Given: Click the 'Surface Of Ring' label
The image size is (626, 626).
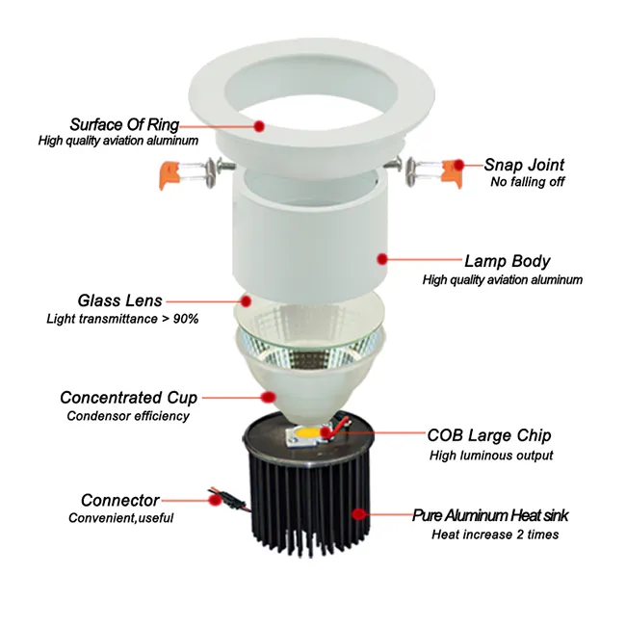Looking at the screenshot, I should (124, 124).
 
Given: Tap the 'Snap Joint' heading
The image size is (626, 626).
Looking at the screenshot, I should (524, 165).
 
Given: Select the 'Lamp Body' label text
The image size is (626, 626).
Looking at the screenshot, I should (507, 260).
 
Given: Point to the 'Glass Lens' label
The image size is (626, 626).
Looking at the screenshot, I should (120, 300).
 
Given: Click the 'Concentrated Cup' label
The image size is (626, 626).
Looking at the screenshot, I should (128, 398).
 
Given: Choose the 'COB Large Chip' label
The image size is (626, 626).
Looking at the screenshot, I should (490, 436).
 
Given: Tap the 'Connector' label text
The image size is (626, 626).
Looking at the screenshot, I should (120, 500).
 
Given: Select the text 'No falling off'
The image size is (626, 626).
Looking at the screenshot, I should (527, 182).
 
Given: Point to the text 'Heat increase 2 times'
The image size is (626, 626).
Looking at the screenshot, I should (495, 535).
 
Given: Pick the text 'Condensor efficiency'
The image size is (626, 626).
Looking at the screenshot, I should (128, 416).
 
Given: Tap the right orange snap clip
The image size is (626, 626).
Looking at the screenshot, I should (448, 174).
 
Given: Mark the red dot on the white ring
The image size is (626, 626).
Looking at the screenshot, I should (259, 124).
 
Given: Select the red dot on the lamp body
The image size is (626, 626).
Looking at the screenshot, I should (382, 258).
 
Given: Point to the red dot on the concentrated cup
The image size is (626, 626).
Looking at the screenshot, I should (272, 395).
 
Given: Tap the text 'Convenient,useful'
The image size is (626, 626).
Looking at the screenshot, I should (121, 519).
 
